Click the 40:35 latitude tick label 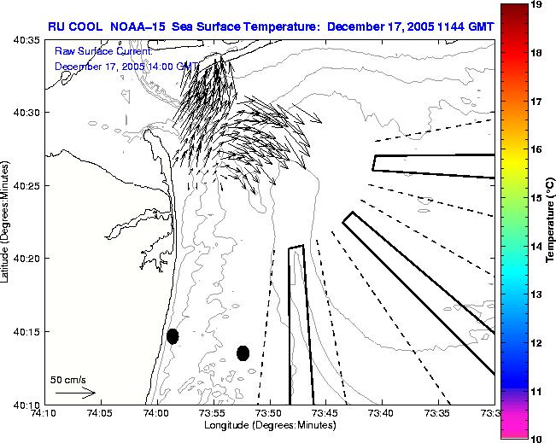[x=26, y=40]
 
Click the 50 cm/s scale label [x=67, y=379]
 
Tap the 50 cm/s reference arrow [x=75, y=393]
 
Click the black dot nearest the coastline [x=173, y=336]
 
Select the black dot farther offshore [x=243, y=353]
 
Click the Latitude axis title [x=6, y=222]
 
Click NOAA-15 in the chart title [x=141, y=26]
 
